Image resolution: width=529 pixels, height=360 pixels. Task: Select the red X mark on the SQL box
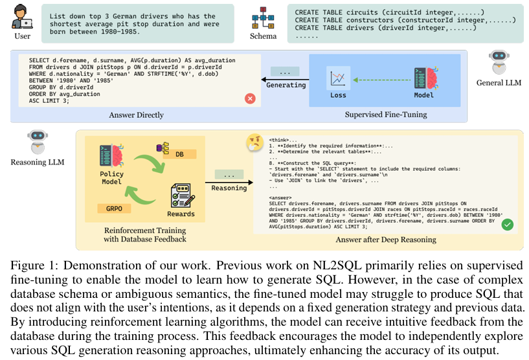click(x=249, y=98)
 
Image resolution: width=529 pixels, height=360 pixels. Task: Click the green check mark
click(x=507, y=224)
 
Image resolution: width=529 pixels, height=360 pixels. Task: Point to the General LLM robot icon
click(x=498, y=62)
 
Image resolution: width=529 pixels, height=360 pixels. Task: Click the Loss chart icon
click(x=337, y=79)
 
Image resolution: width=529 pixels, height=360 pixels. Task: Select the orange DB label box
click(x=179, y=154)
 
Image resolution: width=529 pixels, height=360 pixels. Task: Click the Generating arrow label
click(x=286, y=85)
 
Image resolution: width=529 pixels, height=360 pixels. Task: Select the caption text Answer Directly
click(x=136, y=115)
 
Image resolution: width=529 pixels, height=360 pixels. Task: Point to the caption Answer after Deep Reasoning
click(x=385, y=240)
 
